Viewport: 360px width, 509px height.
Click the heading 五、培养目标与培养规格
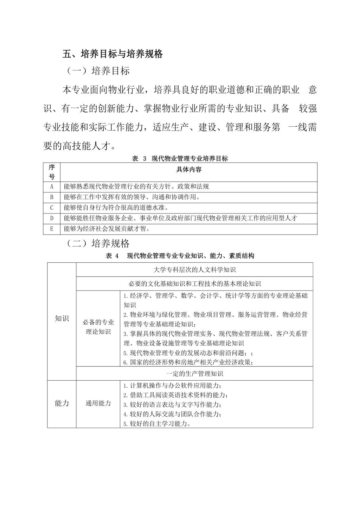pos(112,54)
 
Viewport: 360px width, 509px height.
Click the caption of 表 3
pos(180,159)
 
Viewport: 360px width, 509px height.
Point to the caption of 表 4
pos(180,256)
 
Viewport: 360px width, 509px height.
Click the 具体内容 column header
pos(189,170)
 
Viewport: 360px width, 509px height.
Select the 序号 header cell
pos(52,172)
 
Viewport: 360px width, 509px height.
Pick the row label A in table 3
pos(52,186)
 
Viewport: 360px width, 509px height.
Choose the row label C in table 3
pos(52,208)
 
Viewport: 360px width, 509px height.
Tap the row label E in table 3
pos(52,229)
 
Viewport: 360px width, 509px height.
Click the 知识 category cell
pos(62,319)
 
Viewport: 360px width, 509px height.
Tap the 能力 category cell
pos(62,403)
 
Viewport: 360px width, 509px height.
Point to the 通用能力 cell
pos(98,403)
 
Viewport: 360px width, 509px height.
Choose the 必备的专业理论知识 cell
pos(98,327)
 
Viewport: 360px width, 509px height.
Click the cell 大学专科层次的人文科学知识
pos(194,270)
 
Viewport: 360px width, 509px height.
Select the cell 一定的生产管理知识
pos(194,374)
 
